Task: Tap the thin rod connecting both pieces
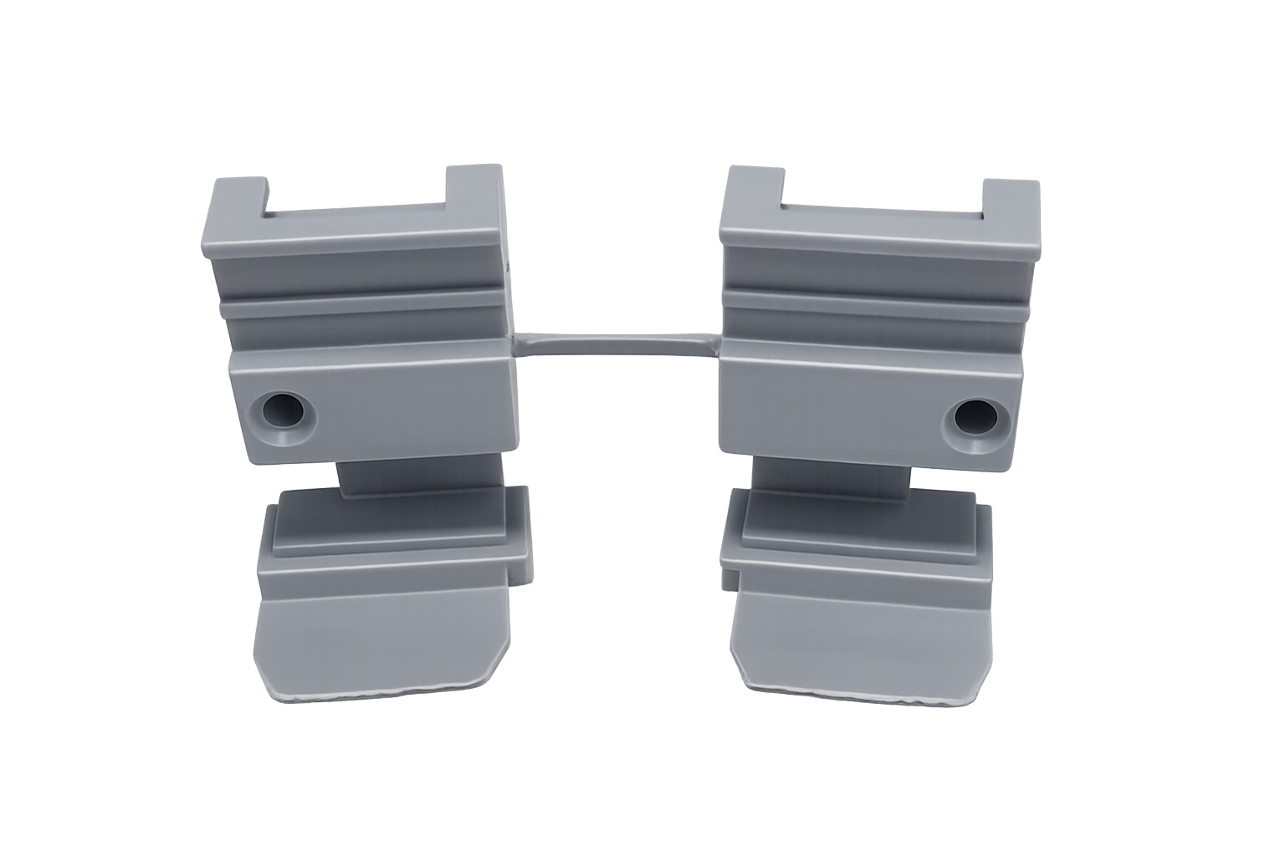pyautogui.click(x=615, y=346)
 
